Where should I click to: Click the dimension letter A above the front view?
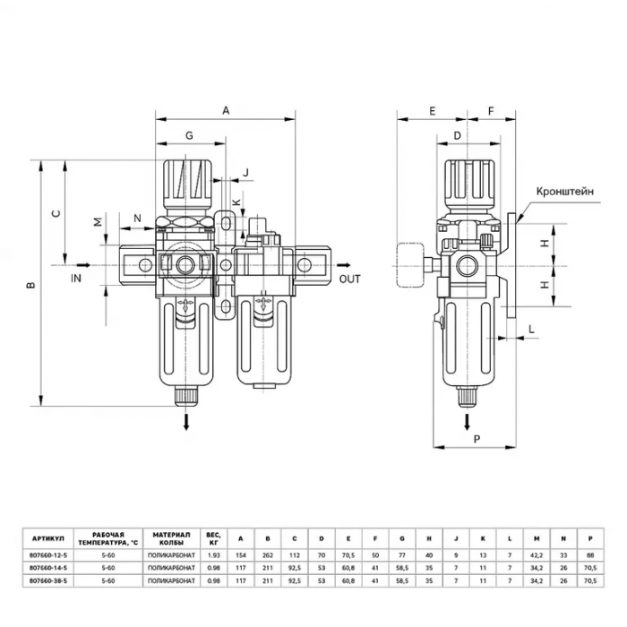tap(226, 110)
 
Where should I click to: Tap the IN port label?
tap(76, 278)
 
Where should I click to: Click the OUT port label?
tap(349, 279)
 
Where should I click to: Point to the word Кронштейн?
tap(564, 191)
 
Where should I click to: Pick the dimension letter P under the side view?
tap(477, 439)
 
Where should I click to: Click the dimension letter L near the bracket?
tap(531, 329)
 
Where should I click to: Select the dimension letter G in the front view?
tap(189, 135)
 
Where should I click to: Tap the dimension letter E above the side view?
tap(432, 111)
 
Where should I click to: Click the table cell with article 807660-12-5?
tap(48, 555)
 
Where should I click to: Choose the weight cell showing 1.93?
tap(214, 555)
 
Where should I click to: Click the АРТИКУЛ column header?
tap(48, 538)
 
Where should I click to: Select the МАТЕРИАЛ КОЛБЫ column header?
tap(172, 538)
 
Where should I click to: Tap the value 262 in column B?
tap(268, 555)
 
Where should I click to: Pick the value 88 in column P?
tap(590, 555)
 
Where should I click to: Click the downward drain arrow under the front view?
tap(186, 422)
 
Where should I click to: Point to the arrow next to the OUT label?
tap(343, 265)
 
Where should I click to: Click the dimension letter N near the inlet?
tap(138, 219)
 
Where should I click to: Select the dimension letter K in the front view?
tap(237, 202)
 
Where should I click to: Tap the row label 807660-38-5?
tap(48, 580)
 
